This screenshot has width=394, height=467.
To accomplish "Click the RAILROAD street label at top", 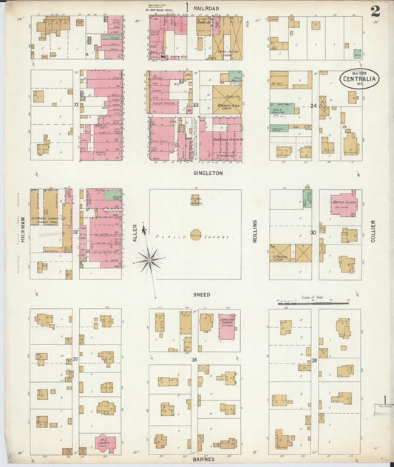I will [x=207, y=8].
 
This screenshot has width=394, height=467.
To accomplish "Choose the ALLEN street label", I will [x=135, y=233].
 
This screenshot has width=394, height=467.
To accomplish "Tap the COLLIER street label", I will [x=374, y=231].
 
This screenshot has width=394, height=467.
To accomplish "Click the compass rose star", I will [x=149, y=259].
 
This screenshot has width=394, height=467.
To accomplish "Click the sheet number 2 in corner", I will [x=376, y=11].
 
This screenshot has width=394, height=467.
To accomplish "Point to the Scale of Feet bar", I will [x=313, y=302].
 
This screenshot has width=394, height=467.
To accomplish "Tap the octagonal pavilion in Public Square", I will [x=196, y=235].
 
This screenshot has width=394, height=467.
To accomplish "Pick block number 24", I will [x=314, y=106].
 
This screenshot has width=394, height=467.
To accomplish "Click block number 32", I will [x=75, y=231].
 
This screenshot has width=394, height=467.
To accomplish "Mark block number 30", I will [x=313, y=232].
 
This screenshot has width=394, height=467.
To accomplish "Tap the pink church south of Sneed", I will [x=228, y=326].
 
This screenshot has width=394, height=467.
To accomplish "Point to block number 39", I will [x=314, y=360].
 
